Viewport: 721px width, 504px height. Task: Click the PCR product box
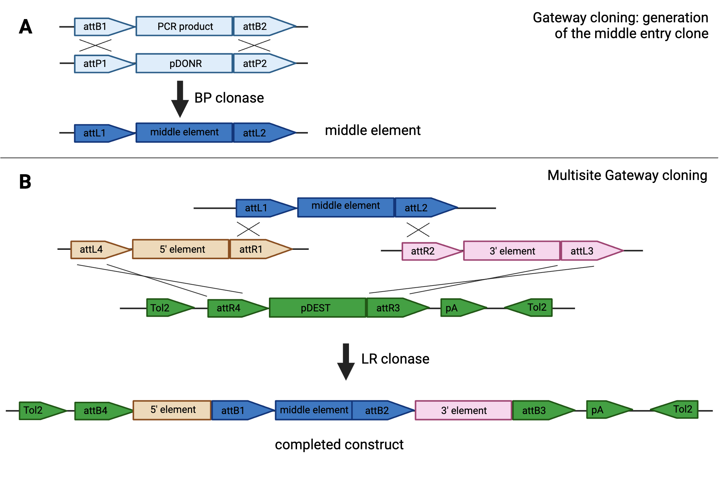[x=184, y=26]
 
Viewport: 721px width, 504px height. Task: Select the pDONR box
[x=184, y=63]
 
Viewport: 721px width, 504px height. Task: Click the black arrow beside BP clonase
[x=180, y=99]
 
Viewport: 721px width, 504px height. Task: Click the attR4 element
[x=233, y=308]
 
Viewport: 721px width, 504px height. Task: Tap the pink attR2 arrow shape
[x=427, y=251]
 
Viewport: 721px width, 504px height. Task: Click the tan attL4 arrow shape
[x=96, y=249]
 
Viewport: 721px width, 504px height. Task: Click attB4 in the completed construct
[x=99, y=411]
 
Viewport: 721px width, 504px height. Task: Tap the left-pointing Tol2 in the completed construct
[x=678, y=410]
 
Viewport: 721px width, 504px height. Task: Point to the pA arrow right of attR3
[x=458, y=308]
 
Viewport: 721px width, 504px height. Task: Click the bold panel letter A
[x=26, y=27]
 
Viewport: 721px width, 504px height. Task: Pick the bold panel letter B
[x=25, y=182]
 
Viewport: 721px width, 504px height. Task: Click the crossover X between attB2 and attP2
[x=254, y=45]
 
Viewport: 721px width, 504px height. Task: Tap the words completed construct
[x=339, y=445]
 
